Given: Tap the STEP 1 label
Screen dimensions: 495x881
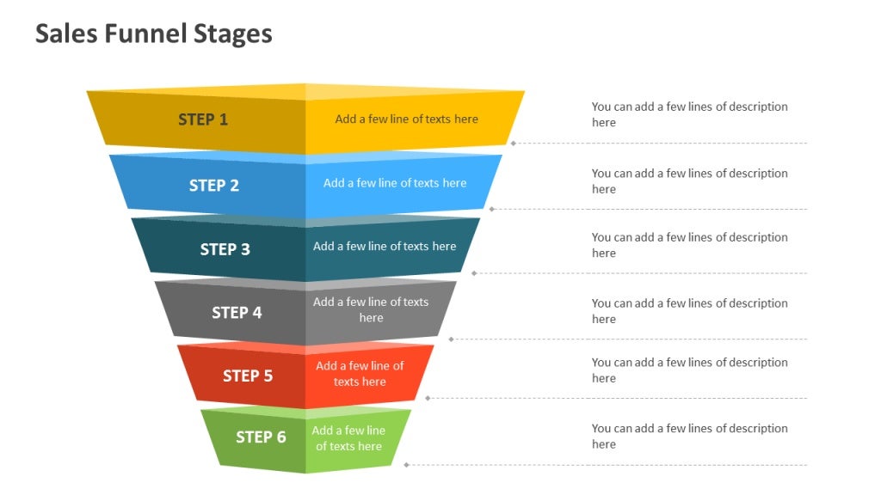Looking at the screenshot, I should point(203,119).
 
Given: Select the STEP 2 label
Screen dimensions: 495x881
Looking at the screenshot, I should point(214,185).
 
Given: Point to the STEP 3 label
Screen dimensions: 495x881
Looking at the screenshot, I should point(225,249).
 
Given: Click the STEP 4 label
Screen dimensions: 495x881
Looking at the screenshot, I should point(237,313).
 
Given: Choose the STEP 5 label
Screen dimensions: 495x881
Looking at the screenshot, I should point(248,376).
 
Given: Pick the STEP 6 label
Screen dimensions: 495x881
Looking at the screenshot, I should point(261,437).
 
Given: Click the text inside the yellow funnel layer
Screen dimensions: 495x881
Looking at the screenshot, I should point(406,119).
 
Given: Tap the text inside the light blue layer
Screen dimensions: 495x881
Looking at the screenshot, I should point(395,183).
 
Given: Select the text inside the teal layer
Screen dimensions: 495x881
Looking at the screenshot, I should point(385,247).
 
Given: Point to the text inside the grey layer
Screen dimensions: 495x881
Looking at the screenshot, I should point(371,309).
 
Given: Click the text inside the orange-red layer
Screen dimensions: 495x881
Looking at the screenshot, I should point(360,374).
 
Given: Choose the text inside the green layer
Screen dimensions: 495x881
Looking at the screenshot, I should point(348,438).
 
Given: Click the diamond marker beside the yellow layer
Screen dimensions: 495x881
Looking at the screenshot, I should point(514,144).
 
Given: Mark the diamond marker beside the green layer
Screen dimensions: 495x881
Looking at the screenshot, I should point(406,465).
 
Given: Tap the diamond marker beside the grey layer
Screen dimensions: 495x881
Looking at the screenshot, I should point(451,339).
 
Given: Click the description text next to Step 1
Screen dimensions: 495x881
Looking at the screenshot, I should point(689,114).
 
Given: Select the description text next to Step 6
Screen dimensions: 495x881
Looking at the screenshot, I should point(689,437).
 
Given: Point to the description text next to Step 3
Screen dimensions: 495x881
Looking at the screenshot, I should point(689,245).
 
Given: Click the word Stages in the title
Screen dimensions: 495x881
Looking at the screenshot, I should point(231,34).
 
